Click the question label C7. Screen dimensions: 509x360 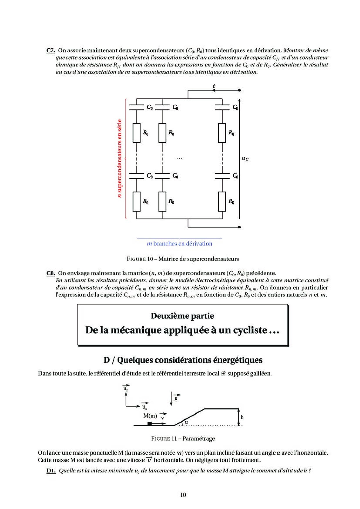(x=51, y=50)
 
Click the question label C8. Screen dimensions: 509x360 (x=51, y=273)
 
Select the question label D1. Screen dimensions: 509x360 (x=51, y=471)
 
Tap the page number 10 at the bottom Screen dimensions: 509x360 (x=183, y=495)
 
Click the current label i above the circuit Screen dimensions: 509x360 (x=214, y=86)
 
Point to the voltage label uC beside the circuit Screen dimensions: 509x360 (x=245, y=158)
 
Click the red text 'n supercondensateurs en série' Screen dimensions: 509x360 (x=120, y=158)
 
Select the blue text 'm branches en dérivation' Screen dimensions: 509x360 (x=180, y=244)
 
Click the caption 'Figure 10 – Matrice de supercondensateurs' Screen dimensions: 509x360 (x=183, y=259)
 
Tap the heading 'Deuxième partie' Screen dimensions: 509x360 (x=182, y=316)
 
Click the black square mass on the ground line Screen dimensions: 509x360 (x=150, y=424)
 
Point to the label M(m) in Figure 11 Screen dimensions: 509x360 (x=150, y=416)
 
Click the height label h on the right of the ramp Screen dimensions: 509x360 (x=242, y=417)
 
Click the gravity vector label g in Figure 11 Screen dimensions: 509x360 (x=176, y=398)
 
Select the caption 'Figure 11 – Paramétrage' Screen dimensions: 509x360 (x=183, y=438)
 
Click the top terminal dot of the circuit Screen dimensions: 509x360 (x=240, y=90)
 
